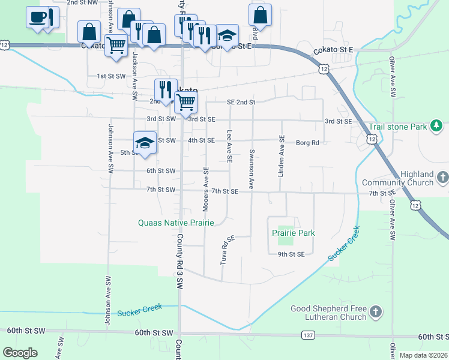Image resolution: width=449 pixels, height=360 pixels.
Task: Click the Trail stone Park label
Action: coord(397,127)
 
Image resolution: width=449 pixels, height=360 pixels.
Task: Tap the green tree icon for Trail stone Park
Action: coord(437,126)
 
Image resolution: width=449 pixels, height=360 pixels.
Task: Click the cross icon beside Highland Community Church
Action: coord(442,178)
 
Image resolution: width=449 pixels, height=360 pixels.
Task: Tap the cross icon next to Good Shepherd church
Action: coord(375,311)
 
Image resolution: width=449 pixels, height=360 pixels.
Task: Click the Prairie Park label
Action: coord(293,233)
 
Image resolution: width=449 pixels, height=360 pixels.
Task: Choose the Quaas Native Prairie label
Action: coord(176,223)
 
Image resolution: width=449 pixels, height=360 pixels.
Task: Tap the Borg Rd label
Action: coord(307,143)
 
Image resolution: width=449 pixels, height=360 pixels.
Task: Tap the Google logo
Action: coord(20,353)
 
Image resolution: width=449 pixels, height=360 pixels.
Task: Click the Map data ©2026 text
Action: coord(423,355)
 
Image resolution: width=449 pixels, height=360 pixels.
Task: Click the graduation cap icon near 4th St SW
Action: coord(145,143)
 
